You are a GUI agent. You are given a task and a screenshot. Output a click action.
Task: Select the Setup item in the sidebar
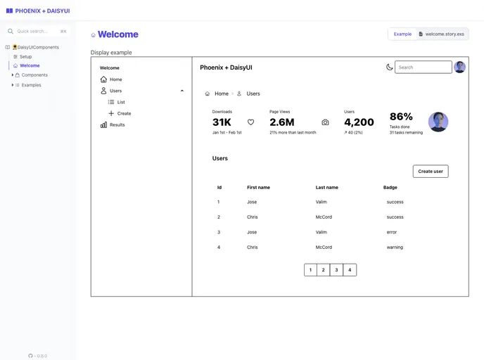pyautogui.click(x=25, y=56)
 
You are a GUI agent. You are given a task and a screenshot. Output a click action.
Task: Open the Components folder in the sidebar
pyautogui.click(x=34, y=75)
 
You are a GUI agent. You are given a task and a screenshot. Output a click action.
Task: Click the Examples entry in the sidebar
pyautogui.click(x=31, y=85)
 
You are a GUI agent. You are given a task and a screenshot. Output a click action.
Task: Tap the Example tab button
pyautogui.click(x=402, y=34)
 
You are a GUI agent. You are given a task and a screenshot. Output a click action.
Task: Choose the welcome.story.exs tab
pyautogui.click(x=441, y=34)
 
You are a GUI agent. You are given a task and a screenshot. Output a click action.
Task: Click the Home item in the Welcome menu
pyautogui.click(x=115, y=79)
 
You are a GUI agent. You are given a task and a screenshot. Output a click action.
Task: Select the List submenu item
pyautogui.click(x=121, y=102)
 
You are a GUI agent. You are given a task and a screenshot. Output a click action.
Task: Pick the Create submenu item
pyautogui.click(x=124, y=113)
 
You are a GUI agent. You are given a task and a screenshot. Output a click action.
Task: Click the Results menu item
pyautogui.click(x=117, y=124)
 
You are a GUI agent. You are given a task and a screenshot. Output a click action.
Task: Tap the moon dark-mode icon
pyautogui.click(x=389, y=67)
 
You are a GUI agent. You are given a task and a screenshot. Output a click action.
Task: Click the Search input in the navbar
pyautogui.click(x=423, y=67)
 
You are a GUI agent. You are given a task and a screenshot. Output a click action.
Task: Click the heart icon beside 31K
pyautogui.click(x=250, y=122)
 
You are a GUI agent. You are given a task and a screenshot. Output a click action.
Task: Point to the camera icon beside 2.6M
pyautogui.click(x=325, y=122)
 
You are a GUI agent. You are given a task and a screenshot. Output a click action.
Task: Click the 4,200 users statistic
pyautogui.click(x=359, y=122)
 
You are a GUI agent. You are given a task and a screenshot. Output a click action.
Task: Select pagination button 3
pyautogui.click(x=336, y=270)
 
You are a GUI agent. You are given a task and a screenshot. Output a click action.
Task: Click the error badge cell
pyautogui.click(x=392, y=232)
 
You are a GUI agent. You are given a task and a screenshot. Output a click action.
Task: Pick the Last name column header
pyautogui.click(x=326, y=188)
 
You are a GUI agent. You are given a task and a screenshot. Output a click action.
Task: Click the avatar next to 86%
pyautogui.click(x=438, y=122)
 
